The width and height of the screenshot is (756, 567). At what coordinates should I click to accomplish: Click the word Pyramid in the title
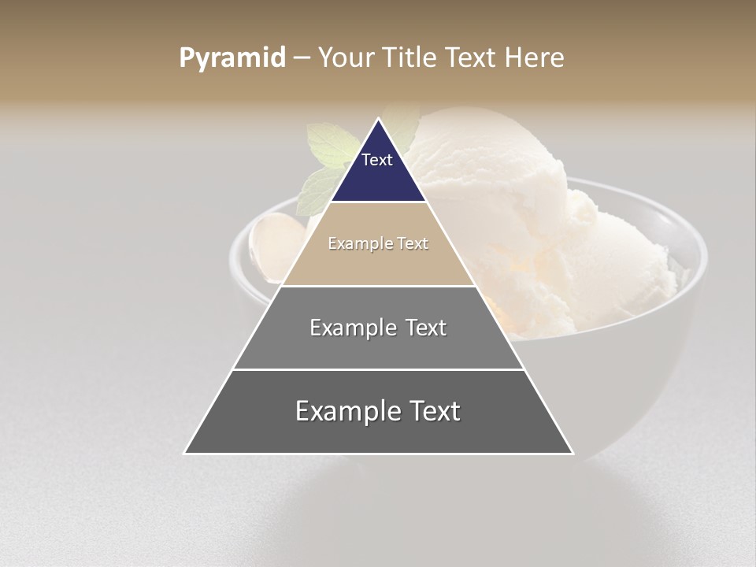pyautogui.click(x=232, y=58)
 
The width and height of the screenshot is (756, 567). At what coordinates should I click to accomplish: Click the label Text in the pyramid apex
pyautogui.click(x=377, y=160)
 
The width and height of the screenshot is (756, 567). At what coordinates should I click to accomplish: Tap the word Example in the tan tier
pyautogui.click(x=356, y=243)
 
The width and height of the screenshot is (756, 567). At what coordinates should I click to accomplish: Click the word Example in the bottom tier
pyautogui.click(x=344, y=411)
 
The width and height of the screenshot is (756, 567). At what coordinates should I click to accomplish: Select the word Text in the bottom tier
pyautogui.click(x=432, y=411)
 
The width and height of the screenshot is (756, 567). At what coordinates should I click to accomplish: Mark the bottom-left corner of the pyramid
pyautogui.click(x=185, y=453)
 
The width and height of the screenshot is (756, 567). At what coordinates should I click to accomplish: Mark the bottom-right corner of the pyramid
pyautogui.click(x=573, y=453)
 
